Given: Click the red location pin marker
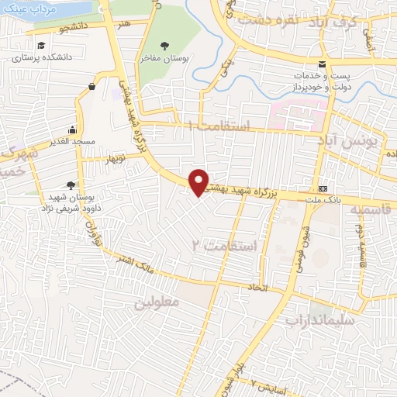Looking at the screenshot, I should (199, 181).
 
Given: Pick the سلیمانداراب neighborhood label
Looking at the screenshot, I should (320, 318).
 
